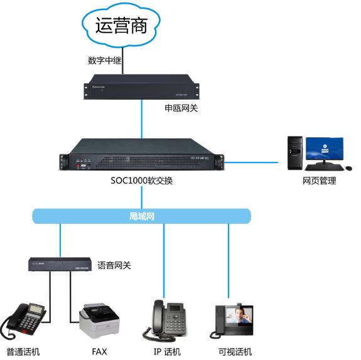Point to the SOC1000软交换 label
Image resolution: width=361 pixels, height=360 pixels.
click(141, 181)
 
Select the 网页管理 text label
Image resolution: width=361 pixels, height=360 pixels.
click(319, 181)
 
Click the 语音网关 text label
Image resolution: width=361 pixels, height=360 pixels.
click(114, 265)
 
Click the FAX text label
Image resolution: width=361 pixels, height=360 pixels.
click(99, 351)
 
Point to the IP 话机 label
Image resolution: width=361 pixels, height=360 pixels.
click(167, 351)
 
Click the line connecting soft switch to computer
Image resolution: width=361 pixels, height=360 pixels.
click(251, 162)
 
